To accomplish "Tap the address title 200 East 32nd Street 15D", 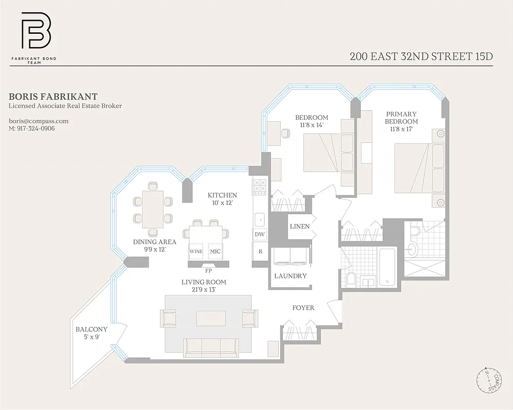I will (x=421, y=56).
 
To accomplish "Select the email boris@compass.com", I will (x=38, y=121).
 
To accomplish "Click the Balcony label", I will (x=91, y=330).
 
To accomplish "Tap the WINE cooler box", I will (x=196, y=252).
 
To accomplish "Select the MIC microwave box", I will (x=215, y=252).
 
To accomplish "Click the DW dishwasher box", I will (x=259, y=234).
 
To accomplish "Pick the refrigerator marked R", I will (x=260, y=252).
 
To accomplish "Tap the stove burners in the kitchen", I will (x=259, y=185).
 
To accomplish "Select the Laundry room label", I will (x=290, y=276).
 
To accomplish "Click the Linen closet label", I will (x=299, y=226).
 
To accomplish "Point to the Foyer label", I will (x=303, y=307).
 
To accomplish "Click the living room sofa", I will (x=211, y=347).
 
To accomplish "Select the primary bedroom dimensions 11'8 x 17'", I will (x=401, y=129).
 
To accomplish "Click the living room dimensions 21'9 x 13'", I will (x=203, y=290).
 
